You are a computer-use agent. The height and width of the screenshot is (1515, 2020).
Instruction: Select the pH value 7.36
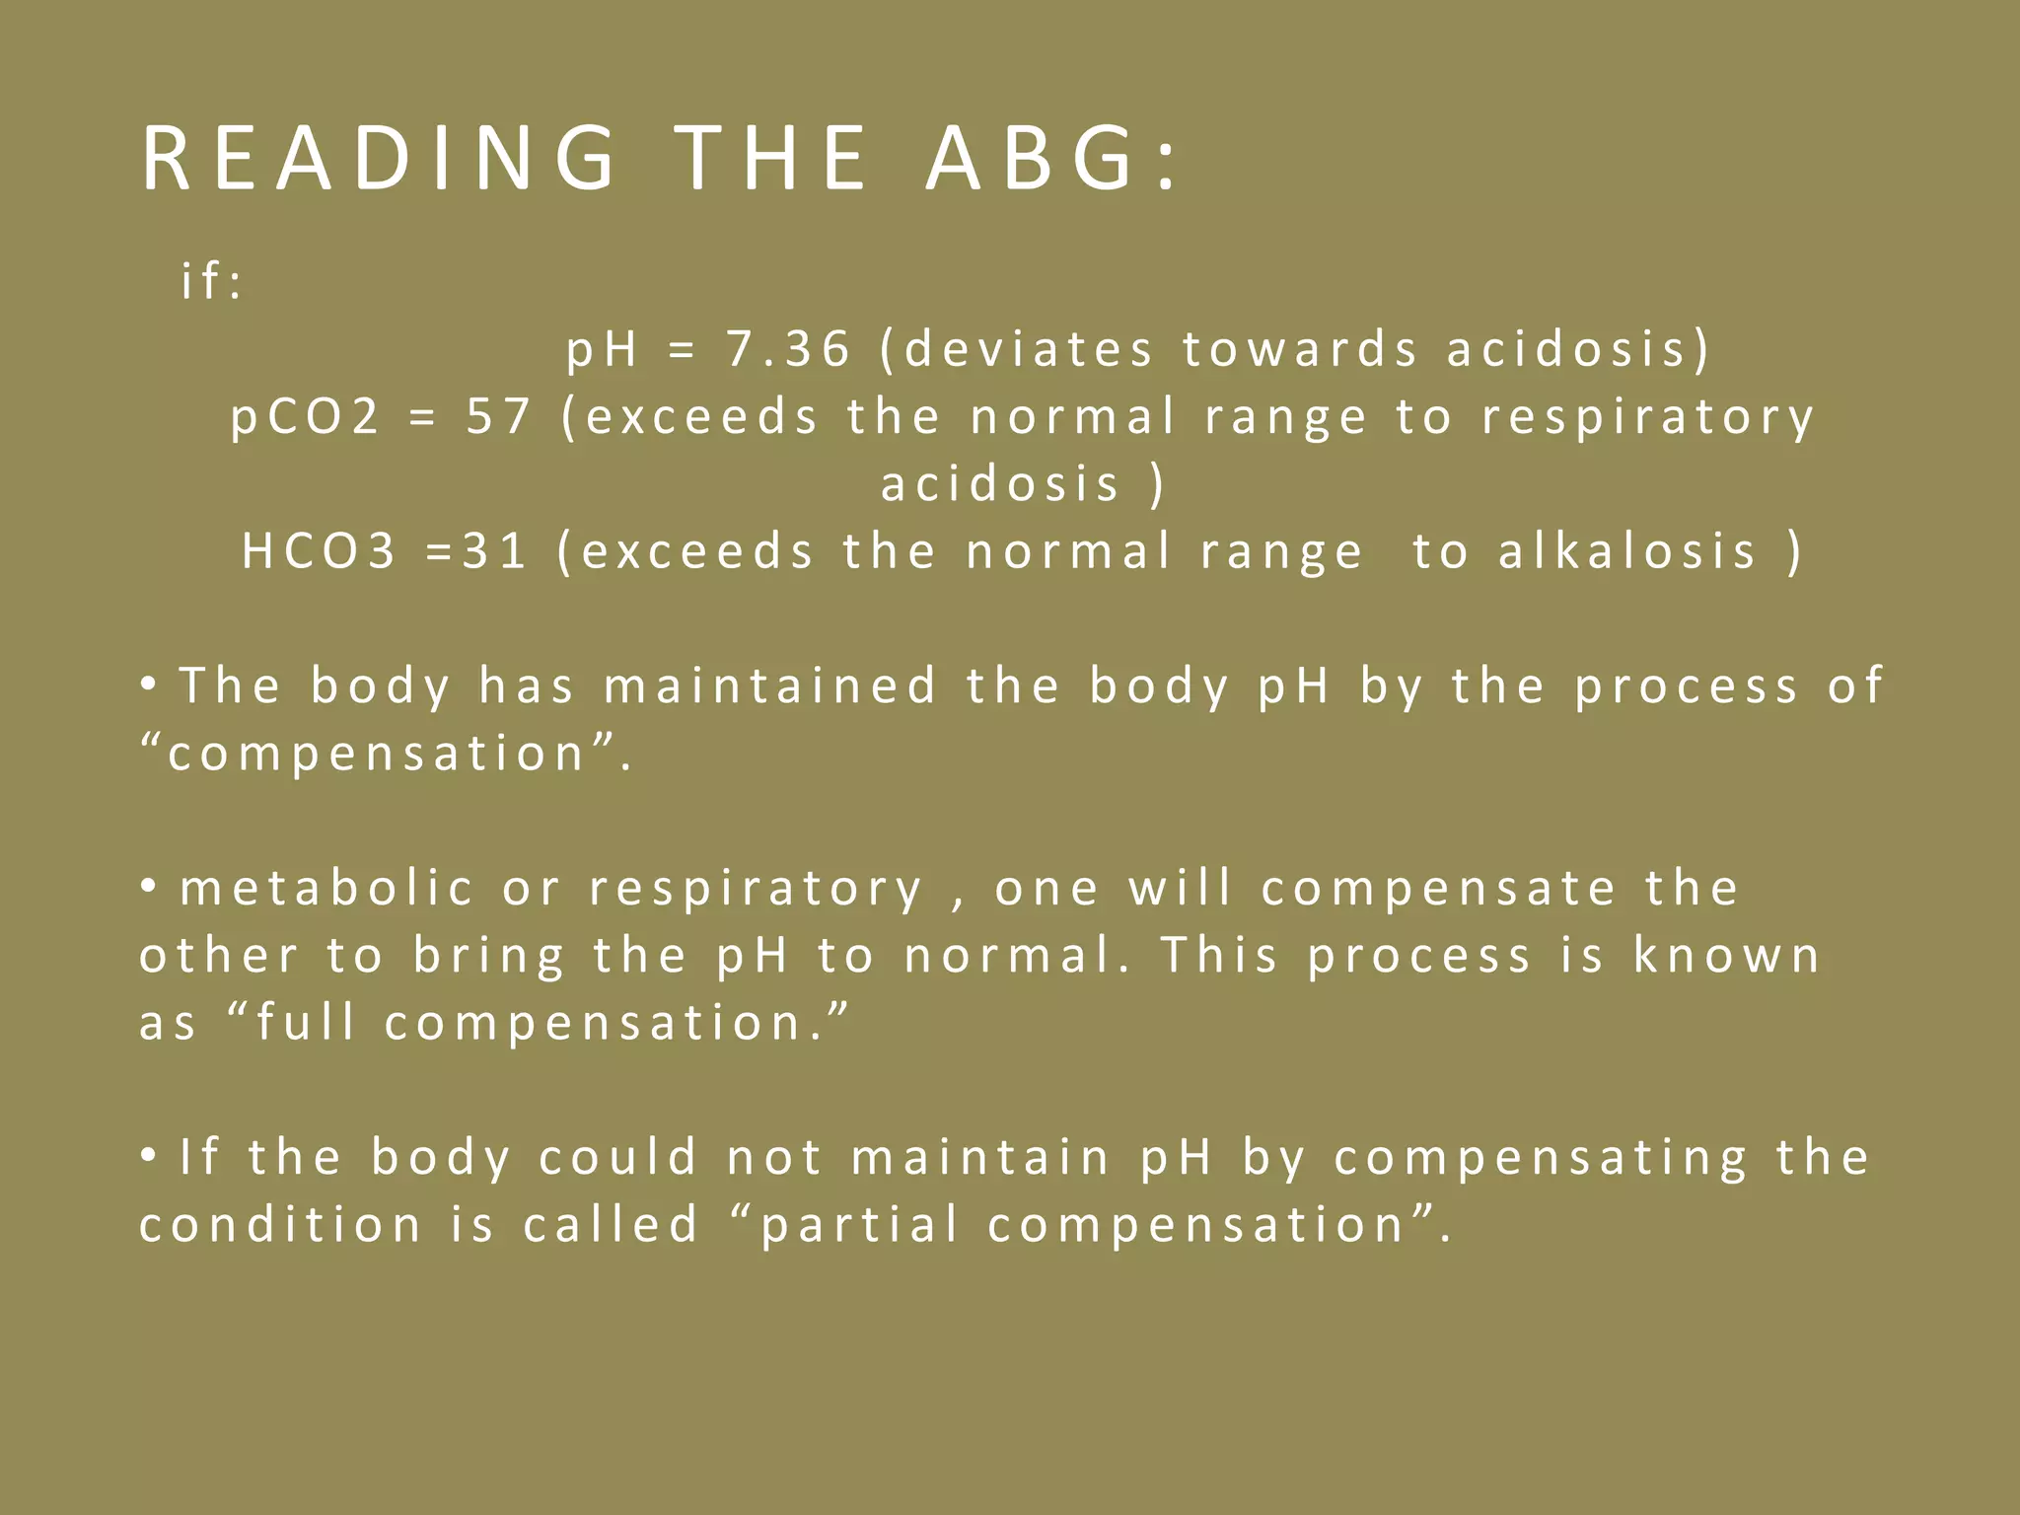[788, 349]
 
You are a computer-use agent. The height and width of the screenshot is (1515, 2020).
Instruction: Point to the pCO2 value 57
[498, 416]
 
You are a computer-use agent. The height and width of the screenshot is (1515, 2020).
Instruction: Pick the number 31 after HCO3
[494, 550]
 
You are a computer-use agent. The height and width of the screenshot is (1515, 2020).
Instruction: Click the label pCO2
[305, 416]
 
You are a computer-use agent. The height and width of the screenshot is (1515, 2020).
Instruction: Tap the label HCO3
[319, 550]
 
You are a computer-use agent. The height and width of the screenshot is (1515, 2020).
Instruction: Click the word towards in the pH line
[1300, 349]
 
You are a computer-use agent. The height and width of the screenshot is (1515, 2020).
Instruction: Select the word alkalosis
[1627, 550]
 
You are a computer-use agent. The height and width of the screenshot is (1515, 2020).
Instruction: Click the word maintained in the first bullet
[770, 685]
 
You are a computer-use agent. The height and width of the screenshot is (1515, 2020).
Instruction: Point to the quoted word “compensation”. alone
[385, 755]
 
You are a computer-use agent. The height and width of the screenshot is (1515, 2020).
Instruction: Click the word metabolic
[326, 888]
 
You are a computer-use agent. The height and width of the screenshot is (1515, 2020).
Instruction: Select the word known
[1726, 955]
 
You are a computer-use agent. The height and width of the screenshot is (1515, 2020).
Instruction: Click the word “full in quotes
[291, 1022]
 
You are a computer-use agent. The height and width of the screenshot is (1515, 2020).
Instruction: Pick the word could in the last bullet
[618, 1157]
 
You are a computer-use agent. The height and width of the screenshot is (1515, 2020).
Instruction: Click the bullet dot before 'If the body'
[149, 1155]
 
